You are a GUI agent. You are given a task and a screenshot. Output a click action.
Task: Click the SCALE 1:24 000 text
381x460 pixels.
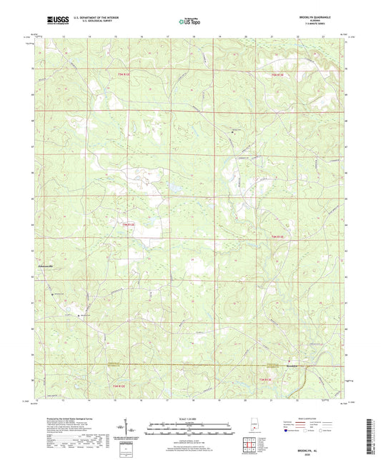pyautogui.click(x=189, y=418)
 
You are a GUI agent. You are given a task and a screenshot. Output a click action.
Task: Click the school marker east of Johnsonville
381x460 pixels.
pyautogui.click(x=52, y=292)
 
